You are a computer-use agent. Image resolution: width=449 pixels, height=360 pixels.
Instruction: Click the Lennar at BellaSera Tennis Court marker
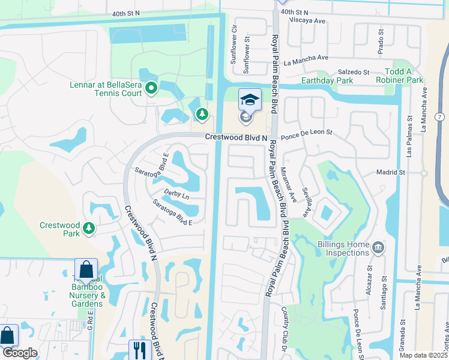(x=151, y=89)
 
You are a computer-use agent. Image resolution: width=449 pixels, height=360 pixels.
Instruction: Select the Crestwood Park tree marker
(x=89, y=228)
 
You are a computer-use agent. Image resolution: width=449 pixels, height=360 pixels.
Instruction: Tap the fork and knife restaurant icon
(x=139, y=349)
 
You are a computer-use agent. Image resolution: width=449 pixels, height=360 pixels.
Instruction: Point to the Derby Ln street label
(x=176, y=196)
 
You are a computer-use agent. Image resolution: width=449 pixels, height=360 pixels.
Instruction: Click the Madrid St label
(x=391, y=172)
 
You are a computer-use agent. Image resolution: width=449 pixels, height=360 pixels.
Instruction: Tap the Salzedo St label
(x=352, y=72)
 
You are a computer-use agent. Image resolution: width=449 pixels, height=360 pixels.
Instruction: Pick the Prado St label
(x=380, y=44)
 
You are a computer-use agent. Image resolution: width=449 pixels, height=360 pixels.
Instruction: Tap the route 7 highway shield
(x=441, y=115)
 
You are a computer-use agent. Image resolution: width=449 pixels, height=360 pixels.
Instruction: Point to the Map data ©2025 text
(x=424, y=355)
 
